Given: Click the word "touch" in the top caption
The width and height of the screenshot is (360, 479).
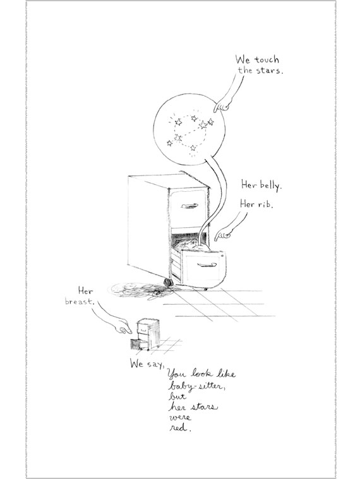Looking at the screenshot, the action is tap(267, 60).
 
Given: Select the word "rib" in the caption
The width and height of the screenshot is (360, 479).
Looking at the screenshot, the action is tap(265, 204).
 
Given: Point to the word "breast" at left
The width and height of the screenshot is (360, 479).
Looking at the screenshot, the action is tap(80, 302).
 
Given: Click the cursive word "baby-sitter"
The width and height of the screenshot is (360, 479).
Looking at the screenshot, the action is tap(197, 386).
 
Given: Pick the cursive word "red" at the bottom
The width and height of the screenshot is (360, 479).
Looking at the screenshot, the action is tap(180, 428).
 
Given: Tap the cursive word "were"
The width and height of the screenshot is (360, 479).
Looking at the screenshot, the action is tap(180, 417).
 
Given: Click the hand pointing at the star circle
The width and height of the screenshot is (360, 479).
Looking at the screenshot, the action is tap(223, 105).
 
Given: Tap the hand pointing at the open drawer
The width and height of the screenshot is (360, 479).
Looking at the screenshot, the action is tap(223, 235).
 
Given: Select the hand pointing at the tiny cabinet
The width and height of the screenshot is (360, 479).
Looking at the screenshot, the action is tap(123, 327).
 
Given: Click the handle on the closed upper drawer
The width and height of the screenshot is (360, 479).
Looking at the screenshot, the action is tap(189, 206).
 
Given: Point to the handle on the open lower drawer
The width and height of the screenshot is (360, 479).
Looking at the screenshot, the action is tap(207, 265).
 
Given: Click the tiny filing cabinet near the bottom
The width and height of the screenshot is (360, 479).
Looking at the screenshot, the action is tap(146, 335).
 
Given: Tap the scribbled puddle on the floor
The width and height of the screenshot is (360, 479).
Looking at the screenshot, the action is tap(140, 290).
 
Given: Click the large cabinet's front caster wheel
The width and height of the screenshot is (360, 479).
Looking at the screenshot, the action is tap(167, 282).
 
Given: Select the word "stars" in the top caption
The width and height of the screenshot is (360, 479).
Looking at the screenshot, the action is tap(268, 71).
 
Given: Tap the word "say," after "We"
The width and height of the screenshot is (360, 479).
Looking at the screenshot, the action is tap(156, 364).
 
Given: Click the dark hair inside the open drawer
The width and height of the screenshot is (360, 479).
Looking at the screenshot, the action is tap(189, 243).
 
